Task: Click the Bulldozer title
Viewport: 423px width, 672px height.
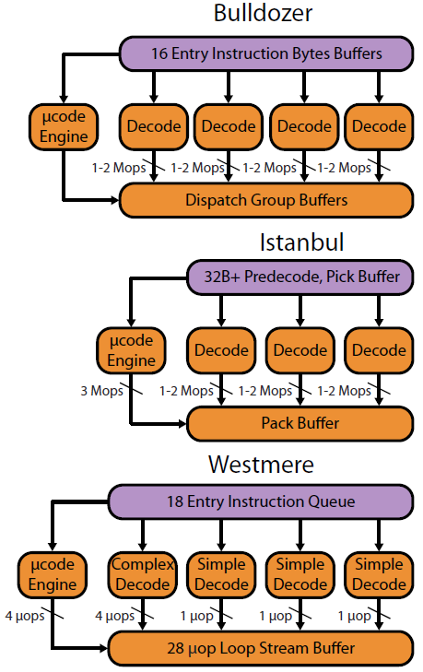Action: (x=263, y=13)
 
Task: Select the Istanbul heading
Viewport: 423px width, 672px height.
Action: (x=301, y=242)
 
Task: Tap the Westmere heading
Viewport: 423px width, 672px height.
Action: (x=261, y=465)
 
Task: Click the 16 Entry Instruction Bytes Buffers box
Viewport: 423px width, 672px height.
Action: (x=266, y=54)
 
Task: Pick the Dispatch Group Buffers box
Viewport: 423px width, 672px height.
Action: (x=266, y=200)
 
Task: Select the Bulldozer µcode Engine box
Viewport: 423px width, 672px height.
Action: (x=64, y=127)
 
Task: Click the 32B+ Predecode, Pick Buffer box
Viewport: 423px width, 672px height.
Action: (x=300, y=277)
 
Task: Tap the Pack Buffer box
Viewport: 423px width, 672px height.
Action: (x=300, y=423)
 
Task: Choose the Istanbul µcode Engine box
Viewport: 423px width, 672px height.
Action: (x=131, y=350)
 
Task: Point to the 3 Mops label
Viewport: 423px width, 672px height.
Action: (x=101, y=391)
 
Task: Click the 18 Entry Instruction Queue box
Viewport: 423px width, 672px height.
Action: (x=261, y=501)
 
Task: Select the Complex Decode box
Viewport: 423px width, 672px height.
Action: (x=143, y=574)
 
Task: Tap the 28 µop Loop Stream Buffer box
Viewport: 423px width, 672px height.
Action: (x=261, y=648)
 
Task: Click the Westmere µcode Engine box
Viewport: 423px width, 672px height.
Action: (x=53, y=574)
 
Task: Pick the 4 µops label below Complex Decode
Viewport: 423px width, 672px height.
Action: (x=114, y=617)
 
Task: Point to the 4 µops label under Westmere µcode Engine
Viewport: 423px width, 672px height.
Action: (x=25, y=617)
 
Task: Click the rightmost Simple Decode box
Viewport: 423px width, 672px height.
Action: (x=379, y=574)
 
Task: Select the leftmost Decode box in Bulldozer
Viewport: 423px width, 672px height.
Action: (x=153, y=127)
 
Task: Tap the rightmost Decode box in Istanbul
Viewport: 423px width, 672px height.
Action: (x=379, y=350)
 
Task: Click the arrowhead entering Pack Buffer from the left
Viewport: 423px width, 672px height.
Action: (x=182, y=424)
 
